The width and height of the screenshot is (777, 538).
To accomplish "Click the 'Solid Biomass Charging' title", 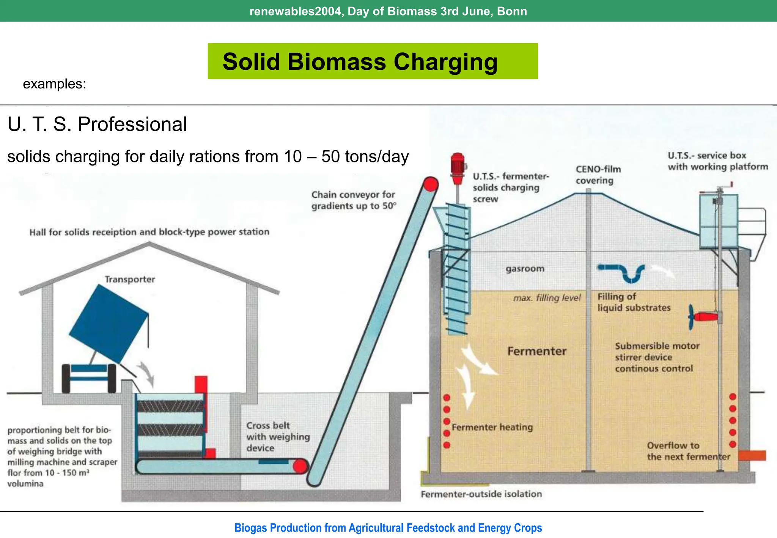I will (x=360, y=62).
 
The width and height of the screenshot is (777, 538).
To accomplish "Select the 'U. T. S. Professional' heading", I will (x=97, y=124).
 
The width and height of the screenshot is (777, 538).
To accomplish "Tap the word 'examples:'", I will (x=54, y=84).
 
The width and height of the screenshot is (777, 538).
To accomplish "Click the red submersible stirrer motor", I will (x=706, y=316).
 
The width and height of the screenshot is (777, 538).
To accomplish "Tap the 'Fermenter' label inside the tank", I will (x=537, y=351).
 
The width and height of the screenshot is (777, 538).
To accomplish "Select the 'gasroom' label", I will (x=525, y=269).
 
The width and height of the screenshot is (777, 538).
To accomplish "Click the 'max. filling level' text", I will (x=547, y=298).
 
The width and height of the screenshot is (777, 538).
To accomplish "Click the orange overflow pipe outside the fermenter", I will (x=752, y=455).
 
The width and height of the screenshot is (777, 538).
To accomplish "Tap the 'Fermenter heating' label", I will (x=492, y=427).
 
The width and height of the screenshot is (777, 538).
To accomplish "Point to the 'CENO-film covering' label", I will (x=598, y=175).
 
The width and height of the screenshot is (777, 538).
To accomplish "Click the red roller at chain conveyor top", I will (x=431, y=184).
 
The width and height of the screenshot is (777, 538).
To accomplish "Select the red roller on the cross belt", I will (x=300, y=466).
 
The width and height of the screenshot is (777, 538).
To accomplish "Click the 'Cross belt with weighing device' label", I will (x=278, y=437).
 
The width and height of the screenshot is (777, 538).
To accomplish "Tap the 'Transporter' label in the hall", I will (x=130, y=279).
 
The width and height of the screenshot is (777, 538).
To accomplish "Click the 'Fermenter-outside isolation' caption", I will (x=481, y=494).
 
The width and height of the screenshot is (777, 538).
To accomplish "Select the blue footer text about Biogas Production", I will (x=388, y=528).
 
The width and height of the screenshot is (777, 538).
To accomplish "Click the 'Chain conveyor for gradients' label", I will (x=354, y=200).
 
